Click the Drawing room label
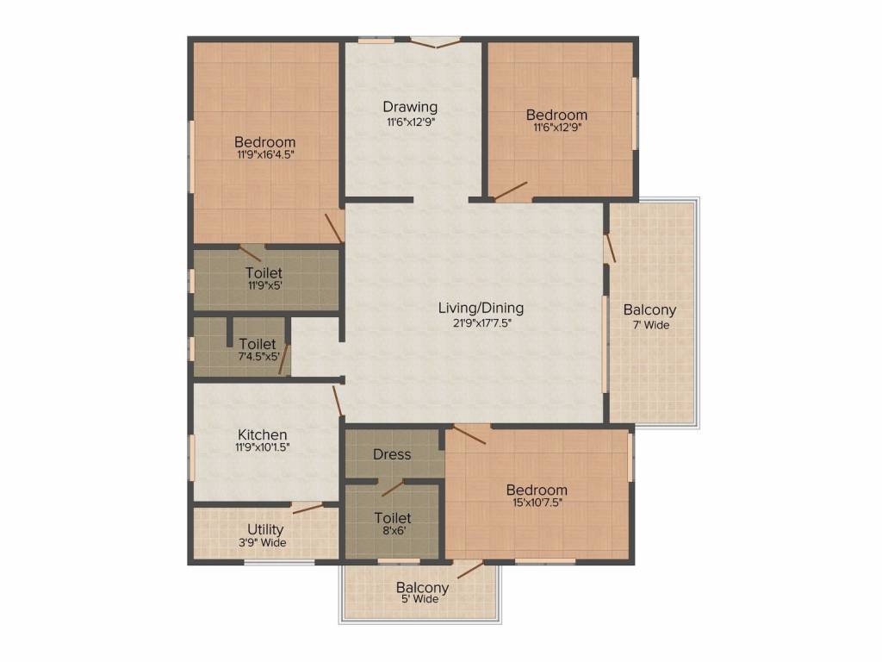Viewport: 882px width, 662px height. (410, 106)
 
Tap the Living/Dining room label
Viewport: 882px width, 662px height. (481, 308)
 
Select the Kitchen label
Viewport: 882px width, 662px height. (262, 434)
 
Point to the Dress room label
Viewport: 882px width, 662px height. (392, 454)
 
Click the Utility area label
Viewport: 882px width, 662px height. (265, 530)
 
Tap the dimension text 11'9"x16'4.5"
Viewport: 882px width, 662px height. (265, 154)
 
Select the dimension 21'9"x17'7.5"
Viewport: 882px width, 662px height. (481, 323)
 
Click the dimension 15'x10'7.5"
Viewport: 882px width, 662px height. (537, 503)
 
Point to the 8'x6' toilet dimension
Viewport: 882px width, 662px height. (394, 530)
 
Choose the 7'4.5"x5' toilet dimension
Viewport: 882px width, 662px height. (258, 356)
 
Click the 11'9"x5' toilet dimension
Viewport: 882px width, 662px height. (265, 285)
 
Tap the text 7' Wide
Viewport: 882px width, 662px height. (651, 325)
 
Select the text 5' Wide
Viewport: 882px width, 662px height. (420, 599)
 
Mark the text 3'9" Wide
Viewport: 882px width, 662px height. (263, 543)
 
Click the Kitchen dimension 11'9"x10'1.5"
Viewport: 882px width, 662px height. (262, 447)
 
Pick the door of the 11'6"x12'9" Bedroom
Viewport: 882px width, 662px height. (510, 190)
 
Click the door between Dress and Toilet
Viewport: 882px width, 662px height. (393, 488)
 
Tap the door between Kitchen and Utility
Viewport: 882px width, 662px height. (307, 509)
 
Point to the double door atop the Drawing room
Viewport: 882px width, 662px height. (435, 42)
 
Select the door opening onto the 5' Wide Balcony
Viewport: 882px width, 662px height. (470, 570)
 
